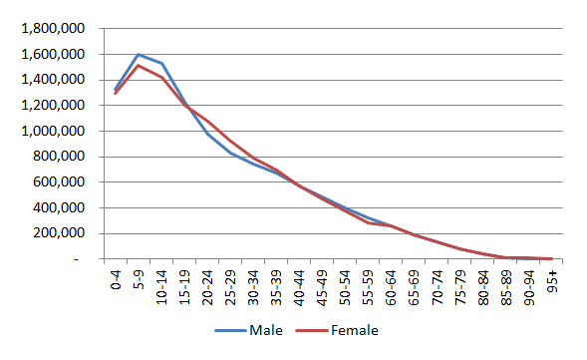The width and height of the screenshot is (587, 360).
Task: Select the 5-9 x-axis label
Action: pos(138,279)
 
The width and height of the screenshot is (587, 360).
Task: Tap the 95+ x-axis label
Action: pos(550,279)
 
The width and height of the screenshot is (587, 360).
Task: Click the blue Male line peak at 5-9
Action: pos(138,54)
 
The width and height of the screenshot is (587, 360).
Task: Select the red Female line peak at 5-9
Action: pos(138,66)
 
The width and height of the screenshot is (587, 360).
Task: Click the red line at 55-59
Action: pos(370,222)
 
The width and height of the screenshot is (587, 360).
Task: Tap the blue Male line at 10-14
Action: pos(161,64)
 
